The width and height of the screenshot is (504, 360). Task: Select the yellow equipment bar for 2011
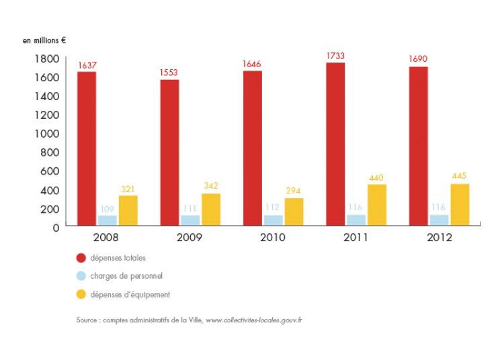[376, 204]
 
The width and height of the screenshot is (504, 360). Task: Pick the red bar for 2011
[335, 144]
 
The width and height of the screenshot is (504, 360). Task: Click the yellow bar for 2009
[211, 209]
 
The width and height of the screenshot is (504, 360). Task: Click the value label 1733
[335, 56]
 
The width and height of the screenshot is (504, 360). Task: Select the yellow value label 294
[294, 191]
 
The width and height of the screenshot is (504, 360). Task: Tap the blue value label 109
[108, 208]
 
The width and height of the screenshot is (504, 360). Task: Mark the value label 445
[460, 176]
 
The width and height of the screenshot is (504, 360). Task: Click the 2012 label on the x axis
[439, 238]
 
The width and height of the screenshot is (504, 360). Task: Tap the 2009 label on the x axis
[190, 238]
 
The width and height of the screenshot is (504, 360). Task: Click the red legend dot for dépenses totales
[81, 258]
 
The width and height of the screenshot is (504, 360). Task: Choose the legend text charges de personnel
[126, 276]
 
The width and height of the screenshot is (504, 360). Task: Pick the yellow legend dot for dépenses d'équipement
[81, 294]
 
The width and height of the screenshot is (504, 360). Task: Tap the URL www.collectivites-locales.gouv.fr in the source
[253, 320]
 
